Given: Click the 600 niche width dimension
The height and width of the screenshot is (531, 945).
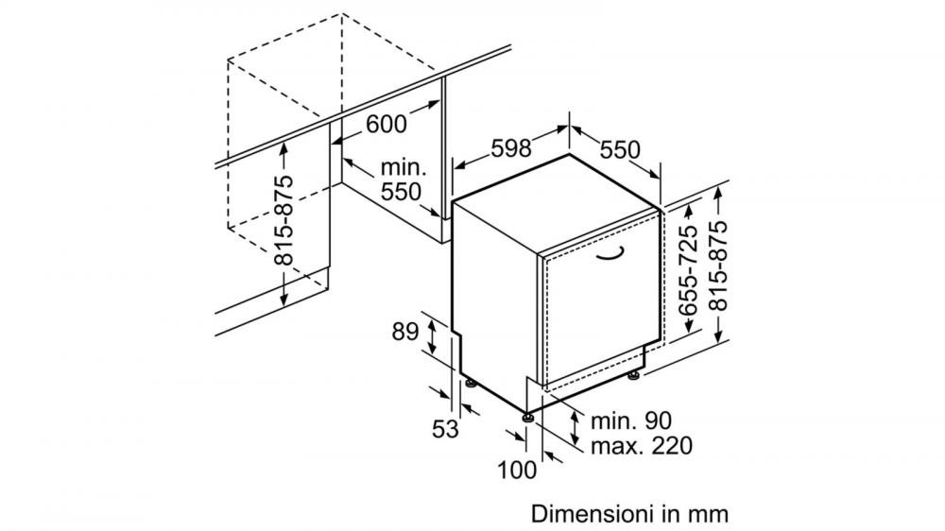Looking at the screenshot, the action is point(387,124).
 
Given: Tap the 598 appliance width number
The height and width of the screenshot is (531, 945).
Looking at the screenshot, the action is point(511,147).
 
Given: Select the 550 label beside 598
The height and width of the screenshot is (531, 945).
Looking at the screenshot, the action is point(620,149).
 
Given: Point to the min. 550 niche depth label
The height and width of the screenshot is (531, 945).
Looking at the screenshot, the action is point(402,180).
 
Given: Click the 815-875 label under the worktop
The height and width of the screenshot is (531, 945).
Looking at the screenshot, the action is point(283,220).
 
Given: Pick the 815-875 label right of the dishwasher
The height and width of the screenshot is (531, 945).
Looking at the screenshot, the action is point(717,265).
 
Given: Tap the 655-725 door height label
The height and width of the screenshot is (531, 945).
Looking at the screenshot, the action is point(688,270).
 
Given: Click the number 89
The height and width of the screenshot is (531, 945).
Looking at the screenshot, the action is point(405,331).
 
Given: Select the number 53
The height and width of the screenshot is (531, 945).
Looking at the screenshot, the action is point(445,429).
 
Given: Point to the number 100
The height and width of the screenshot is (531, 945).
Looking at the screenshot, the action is point(517,470).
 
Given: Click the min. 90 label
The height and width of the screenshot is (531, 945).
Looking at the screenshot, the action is point(631,420).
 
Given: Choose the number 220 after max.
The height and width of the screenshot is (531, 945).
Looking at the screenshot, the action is point(672,445).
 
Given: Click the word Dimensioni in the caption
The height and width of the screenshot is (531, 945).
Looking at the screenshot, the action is point(592,514).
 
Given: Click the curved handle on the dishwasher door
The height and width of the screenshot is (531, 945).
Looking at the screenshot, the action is point(610,253).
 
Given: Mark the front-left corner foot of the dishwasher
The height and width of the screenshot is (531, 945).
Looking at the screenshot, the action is point(528,417).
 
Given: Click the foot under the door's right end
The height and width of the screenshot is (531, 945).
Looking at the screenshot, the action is point(633,376).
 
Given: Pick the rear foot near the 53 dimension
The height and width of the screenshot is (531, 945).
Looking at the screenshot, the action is point(469,384).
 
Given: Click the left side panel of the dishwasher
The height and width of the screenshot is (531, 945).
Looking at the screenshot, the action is point(495,301).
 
